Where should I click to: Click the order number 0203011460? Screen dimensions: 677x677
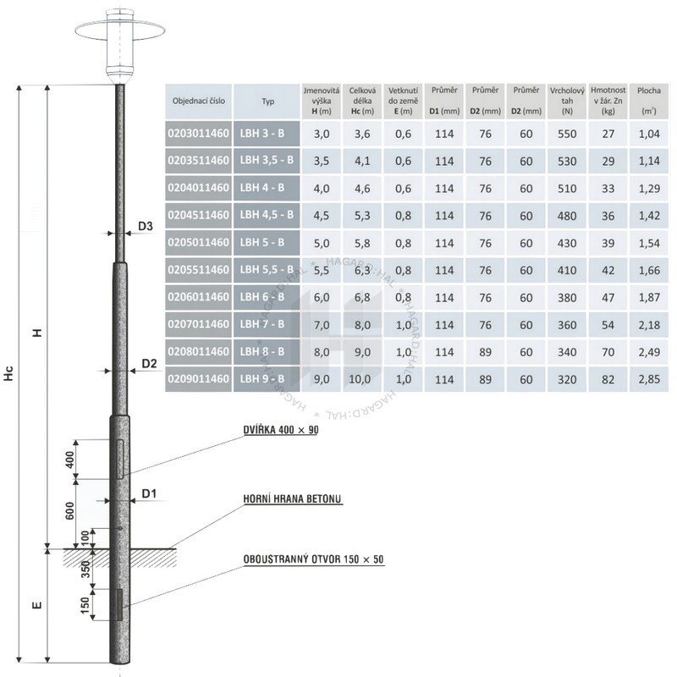198,134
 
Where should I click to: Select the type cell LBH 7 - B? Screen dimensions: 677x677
262,324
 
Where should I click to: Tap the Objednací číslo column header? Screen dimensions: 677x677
199,101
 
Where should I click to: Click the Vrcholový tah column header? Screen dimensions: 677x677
567,101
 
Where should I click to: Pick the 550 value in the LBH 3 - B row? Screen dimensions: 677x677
567,134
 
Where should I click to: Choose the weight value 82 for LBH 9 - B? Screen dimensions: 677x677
608,379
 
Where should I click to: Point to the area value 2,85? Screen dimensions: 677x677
649,379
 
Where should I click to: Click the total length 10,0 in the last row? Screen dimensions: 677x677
360,379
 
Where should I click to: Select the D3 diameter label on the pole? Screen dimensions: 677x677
146,226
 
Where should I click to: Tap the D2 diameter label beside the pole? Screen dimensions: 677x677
150,364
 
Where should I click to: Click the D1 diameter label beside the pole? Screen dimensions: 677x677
149,493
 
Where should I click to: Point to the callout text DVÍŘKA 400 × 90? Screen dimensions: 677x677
281,430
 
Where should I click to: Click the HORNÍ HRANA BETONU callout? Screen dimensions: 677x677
292,498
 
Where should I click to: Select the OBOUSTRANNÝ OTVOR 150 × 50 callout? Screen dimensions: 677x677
313,559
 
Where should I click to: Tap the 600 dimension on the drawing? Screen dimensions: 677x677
69,511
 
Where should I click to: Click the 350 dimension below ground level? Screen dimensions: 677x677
85,569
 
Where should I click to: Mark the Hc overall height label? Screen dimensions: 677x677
9,373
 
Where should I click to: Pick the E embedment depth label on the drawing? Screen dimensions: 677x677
37,604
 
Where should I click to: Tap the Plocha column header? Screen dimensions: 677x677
649,101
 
